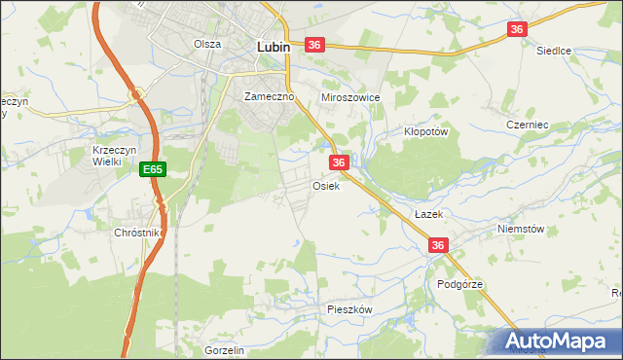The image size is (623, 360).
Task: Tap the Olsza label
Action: [207, 44]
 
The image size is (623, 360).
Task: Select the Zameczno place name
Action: [269, 97]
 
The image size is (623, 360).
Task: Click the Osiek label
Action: [326, 186]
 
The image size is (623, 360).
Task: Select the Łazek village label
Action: [428, 213]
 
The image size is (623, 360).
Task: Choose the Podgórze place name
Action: [460, 284]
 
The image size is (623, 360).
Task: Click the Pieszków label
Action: [350, 308]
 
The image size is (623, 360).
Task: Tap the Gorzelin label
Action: [223, 349]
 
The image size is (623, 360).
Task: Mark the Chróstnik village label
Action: [136, 234]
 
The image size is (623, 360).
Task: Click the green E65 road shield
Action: [152, 169]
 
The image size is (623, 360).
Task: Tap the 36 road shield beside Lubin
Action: [313, 45]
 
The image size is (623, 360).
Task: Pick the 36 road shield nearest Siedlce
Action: [517, 30]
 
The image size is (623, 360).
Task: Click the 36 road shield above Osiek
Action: [339, 162]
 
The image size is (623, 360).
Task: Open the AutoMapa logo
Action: [557, 342]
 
